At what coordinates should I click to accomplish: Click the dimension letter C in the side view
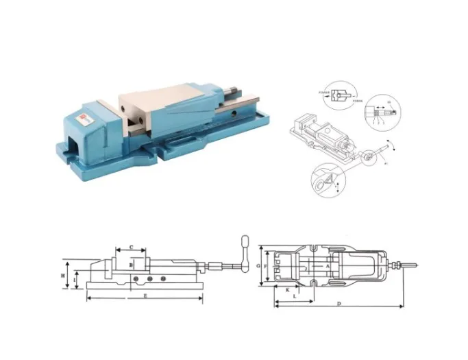(x=131, y=247)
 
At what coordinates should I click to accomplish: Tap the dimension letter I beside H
(x=77, y=278)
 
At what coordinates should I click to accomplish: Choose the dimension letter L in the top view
(x=294, y=297)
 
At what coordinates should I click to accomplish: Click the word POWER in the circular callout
(x=324, y=92)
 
